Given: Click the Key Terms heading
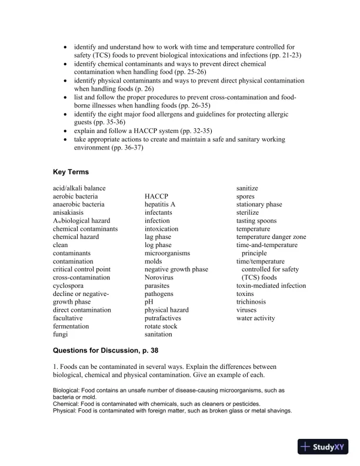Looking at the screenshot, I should (71, 172).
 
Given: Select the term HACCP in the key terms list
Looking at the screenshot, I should (156, 196).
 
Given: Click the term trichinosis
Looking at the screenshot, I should (251, 302).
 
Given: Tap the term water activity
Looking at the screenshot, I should (255, 318).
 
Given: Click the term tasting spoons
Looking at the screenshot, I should (256, 221).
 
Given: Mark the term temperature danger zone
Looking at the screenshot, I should (271, 237).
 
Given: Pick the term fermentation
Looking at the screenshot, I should (71, 326).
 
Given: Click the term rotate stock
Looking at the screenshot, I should (161, 326).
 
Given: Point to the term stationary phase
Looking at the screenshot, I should (259, 204).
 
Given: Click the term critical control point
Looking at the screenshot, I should (82, 269).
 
